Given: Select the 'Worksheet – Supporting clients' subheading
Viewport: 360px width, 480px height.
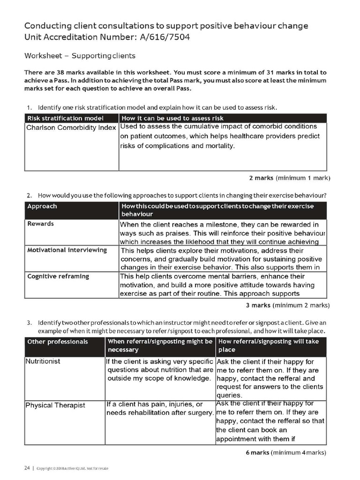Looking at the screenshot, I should pos(80,56).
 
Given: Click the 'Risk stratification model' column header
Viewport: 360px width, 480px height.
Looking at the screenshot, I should pos(65,118).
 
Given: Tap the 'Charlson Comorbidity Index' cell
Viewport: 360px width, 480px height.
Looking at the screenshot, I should pos(71,127).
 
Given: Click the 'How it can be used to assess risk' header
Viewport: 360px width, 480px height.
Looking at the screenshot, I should pos(172,118).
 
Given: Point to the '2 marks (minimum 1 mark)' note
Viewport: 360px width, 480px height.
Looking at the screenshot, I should pos(289,178).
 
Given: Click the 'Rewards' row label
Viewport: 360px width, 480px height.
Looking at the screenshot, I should pos(40,224).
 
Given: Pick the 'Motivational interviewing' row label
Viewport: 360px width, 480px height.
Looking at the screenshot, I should pos(67,250).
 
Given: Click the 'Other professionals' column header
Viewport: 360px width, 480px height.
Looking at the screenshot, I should pos(58,342).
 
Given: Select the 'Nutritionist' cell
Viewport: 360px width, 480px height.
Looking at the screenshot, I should pos(43,361).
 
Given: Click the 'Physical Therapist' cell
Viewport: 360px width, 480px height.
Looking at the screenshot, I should pos(55,405).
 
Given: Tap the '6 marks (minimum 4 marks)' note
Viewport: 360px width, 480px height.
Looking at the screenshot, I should pos(286,452).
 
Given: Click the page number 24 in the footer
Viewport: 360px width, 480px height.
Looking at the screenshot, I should pos(27,468).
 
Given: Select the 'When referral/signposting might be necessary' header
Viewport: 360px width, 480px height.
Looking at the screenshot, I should pos(160,345).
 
